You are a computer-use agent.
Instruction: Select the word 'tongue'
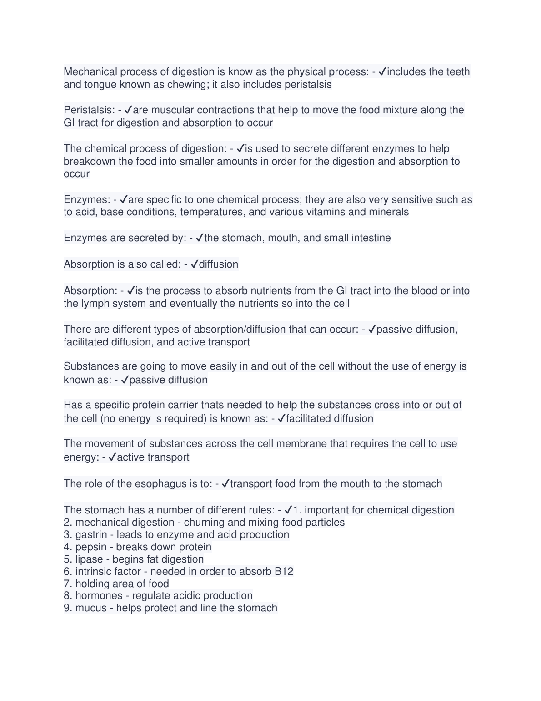click(100, 85)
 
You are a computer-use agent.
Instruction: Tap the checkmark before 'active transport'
click(112, 457)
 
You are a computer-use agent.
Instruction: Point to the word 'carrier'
click(183, 405)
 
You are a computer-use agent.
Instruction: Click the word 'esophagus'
click(163, 484)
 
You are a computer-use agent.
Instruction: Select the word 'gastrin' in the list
click(91, 535)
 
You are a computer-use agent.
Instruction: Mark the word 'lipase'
click(89, 559)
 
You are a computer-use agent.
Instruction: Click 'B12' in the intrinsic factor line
click(284, 572)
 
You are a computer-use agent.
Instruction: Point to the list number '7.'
click(68, 584)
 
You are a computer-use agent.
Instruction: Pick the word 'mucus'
click(91, 608)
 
